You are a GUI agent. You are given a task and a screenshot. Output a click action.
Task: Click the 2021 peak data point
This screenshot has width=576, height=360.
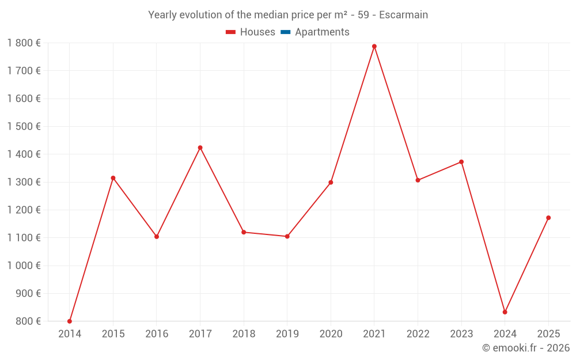[x=374, y=46]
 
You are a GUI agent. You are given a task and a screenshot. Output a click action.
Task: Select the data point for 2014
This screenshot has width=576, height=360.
[x=70, y=321]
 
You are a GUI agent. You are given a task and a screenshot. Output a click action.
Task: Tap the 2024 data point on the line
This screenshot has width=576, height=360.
[x=505, y=312]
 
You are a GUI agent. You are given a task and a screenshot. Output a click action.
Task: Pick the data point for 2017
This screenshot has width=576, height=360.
[x=200, y=147]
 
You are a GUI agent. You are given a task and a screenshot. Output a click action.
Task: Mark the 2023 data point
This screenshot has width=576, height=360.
[x=461, y=162]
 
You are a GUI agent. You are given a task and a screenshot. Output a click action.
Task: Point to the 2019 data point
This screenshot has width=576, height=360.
[x=287, y=236]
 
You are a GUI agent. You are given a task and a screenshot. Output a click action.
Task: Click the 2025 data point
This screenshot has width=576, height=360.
[x=548, y=218]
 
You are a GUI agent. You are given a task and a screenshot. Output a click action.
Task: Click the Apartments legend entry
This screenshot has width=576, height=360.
[x=322, y=32]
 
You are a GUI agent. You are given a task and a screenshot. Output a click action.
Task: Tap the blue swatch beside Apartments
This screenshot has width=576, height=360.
[x=285, y=32]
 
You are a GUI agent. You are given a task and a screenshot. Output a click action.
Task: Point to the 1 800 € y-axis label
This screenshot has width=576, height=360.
[x=24, y=43]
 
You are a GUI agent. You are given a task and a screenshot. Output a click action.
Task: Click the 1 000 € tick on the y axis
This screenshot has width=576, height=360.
[x=24, y=266]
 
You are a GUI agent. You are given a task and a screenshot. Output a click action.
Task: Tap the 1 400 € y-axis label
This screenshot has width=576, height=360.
[x=24, y=154]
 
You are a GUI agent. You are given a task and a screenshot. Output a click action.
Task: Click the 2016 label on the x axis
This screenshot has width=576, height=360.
[x=157, y=334]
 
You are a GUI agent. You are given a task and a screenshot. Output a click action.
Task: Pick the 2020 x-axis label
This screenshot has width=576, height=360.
[x=331, y=334]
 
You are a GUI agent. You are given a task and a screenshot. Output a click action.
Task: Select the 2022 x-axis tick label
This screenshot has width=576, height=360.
[x=418, y=334]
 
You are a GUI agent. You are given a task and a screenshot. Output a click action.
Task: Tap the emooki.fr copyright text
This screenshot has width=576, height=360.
[x=525, y=348]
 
